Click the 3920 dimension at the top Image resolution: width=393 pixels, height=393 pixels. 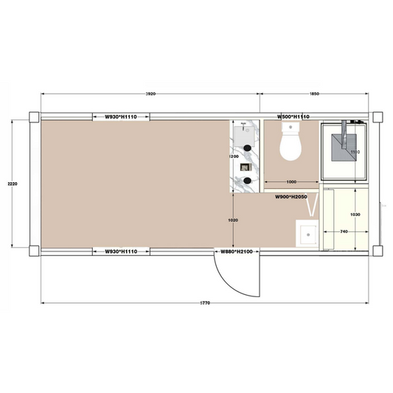click(x=151, y=94)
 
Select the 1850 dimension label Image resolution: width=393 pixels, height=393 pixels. click(x=315, y=94)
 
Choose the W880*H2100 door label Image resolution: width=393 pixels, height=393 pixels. click(x=237, y=252)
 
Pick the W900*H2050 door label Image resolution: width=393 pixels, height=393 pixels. click(x=291, y=198)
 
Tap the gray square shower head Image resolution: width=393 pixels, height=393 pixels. click(x=344, y=145)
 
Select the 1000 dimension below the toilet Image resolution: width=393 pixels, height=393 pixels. click(x=291, y=181)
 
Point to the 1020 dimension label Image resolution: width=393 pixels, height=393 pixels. click(x=233, y=220)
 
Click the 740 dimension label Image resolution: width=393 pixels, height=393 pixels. click(x=344, y=232)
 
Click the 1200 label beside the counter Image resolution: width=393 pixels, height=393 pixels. click(x=234, y=157)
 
